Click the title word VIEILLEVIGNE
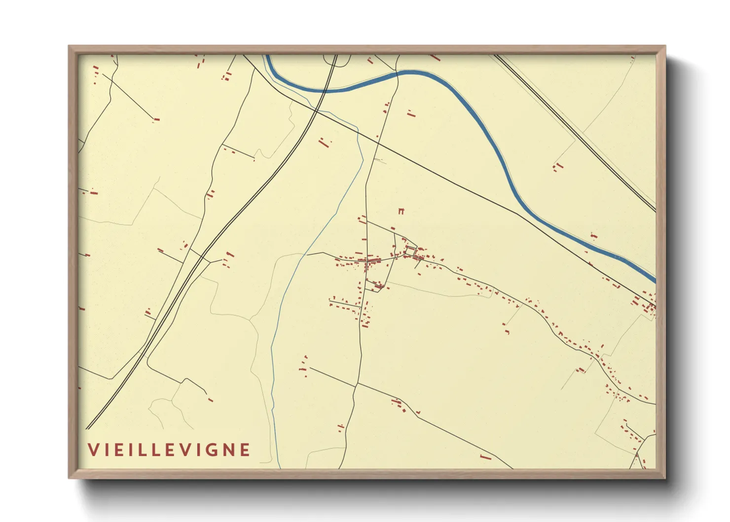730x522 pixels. click(169, 449)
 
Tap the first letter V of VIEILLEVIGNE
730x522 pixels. click(92, 449)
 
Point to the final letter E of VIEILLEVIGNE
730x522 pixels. click(245, 449)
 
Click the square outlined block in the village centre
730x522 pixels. click(410, 251)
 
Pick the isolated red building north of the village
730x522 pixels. click(401, 211)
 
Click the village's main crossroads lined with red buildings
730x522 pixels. click(367, 260)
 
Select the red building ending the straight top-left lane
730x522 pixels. click(156, 119)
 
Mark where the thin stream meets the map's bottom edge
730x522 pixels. click(279, 467)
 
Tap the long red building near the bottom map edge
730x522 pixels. click(485, 457)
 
